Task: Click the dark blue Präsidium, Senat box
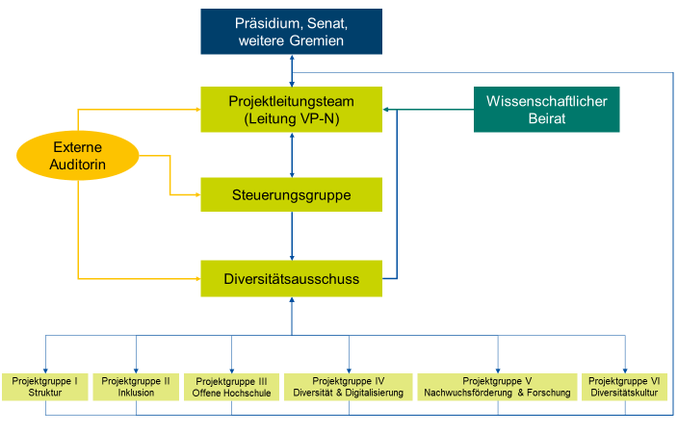point(291,32)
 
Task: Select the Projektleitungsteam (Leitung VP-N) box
point(291,109)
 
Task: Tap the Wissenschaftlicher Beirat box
point(546,109)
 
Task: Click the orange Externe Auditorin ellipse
point(78,158)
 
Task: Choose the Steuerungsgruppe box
point(291,194)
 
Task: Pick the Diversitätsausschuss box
point(291,279)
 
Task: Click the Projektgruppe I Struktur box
point(44,387)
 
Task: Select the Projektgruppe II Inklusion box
point(136,387)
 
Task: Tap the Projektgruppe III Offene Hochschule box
point(231,387)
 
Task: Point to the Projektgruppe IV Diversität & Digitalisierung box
point(349,387)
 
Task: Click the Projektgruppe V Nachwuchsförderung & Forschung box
point(497,387)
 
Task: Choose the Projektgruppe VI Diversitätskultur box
point(625,387)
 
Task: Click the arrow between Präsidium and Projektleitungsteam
point(292,70)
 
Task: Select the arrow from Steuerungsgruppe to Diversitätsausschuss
point(292,237)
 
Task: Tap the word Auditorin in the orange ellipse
point(79,167)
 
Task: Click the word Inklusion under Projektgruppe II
point(136,394)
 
